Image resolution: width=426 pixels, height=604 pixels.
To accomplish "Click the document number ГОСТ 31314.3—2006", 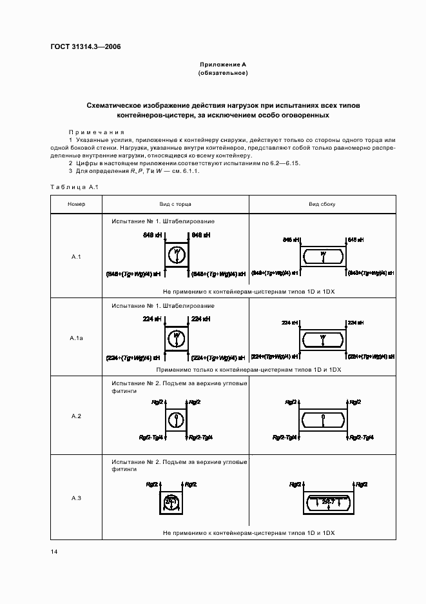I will [x=85, y=46].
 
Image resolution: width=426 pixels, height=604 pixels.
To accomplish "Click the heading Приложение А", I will [x=223, y=65].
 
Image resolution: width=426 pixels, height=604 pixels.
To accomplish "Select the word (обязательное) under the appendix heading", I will [x=223, y=73].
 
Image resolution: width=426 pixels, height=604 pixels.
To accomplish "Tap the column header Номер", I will [x=75, y=204].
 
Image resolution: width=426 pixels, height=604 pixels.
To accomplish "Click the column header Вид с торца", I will [x=175, y=204].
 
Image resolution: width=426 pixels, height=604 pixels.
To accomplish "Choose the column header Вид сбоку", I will [x=322, y=204].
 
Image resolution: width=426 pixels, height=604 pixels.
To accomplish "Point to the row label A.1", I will [x=75, y=257].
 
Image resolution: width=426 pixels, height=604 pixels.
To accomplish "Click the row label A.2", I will [x=75, y=416].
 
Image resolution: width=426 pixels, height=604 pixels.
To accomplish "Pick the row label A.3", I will [x=75, y=497].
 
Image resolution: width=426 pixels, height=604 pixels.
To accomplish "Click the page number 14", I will [x=53, y=552].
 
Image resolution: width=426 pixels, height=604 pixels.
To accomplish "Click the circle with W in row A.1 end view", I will [x=176, y=255].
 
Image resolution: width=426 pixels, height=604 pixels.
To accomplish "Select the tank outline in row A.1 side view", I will [x=323, y=256].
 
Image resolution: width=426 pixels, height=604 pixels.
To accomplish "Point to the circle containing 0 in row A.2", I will [x=176, y=419].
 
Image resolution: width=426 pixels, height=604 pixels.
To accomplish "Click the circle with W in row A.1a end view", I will [x=176, y=337].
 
